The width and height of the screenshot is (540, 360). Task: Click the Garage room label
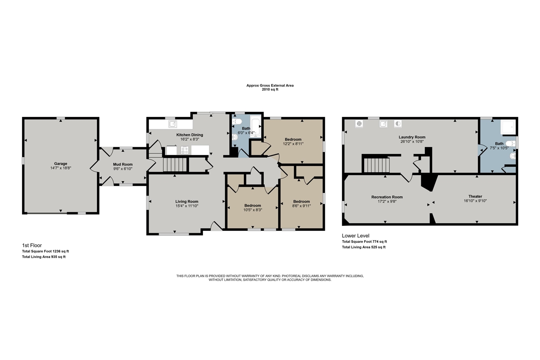tap(60, 164)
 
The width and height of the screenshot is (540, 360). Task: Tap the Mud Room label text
tap(122, 164)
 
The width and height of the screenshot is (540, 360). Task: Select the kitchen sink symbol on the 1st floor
tap(173, 124)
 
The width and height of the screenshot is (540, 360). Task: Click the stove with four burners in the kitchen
tap(184, 150)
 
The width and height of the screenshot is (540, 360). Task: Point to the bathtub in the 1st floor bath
tap(256, 126)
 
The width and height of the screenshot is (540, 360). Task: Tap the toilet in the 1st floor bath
tap(235, 122)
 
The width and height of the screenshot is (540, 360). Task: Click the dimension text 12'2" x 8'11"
tap(293, 143)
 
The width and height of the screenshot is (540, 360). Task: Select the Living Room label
tap(187, 201)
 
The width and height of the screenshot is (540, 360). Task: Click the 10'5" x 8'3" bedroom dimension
tap(253, 210)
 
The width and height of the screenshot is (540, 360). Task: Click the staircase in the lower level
tap(375, 165)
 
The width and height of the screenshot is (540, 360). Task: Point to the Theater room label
tap(475, 196)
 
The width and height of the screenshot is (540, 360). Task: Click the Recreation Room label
tap(387, 197)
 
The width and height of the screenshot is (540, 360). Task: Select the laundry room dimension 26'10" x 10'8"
tap(412, 142)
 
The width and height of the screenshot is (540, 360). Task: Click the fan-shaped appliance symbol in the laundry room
tap(359, 124)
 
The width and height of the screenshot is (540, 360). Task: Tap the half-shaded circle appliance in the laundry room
tap(398, 124)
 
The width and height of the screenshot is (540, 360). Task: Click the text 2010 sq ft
tap(270, 89)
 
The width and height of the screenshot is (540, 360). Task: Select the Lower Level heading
tap(355, 235)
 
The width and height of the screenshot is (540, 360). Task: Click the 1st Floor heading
tap(32, 245)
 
